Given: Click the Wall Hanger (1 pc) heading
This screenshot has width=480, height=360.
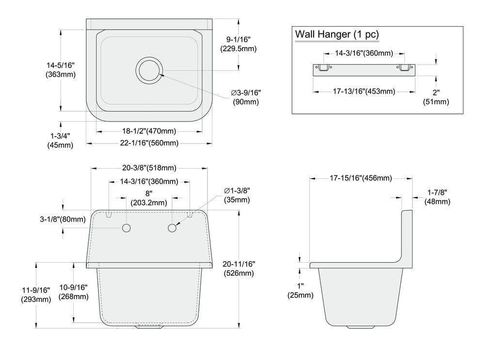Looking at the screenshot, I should pyautogui.click(x=337, y=35).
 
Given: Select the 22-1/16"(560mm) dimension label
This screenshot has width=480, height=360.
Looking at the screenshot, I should pyautogui.click(x=149, y=143).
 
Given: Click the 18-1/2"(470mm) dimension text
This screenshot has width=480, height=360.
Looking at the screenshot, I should pyautogui.click(x=149, y=131).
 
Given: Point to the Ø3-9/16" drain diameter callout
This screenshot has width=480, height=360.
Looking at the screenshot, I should pyautogui.click(x=246, y=97).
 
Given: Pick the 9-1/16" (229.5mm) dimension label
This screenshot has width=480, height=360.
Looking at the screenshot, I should pyautogui.click(x=239, y=44).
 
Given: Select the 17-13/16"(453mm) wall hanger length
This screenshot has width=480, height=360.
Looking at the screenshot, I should pyautogui.click(x=364, y=92).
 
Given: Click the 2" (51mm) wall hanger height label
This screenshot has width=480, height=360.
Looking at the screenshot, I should pyautogui.click(x=436, y=96).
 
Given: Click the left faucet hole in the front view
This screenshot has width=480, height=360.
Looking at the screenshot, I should pyautogui.click(x=126, y=228).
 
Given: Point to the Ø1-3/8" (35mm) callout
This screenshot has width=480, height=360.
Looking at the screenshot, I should pyautogui.click(x=237, y=195).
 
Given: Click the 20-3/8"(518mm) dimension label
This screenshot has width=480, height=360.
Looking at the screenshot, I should pyautogui.click(x=149, y=168).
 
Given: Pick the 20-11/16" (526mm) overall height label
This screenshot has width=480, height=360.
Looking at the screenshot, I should pyautogui.click(x=239, y=268).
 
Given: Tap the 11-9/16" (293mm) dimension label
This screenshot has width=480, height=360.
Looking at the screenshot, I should pyautogui.click(x=36, y=295).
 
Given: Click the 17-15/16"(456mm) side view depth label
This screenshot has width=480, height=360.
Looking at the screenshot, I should pyautogui.click(x=361, y=178).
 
